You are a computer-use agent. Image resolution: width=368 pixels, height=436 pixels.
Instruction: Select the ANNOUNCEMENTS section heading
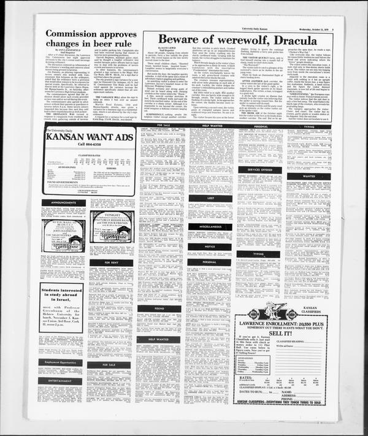(x=61, y=202)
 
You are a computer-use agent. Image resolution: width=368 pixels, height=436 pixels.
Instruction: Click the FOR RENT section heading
(x=110, y=262)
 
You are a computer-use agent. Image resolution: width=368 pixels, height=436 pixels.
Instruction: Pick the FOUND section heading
(x=159, y=308)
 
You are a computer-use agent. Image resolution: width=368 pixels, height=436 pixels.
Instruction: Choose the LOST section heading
(x=210, y=198)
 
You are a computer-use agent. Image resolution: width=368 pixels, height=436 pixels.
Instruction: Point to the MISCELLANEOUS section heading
(x=210, y=226)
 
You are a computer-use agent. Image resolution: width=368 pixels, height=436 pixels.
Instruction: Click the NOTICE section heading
(x=210, y=247)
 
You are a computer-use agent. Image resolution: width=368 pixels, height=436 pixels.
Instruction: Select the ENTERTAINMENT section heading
(x=61, y=381)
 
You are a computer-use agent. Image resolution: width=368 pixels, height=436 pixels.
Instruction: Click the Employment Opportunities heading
(x=61, y=362)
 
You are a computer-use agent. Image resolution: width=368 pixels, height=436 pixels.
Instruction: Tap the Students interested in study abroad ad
(x=61, y=307)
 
